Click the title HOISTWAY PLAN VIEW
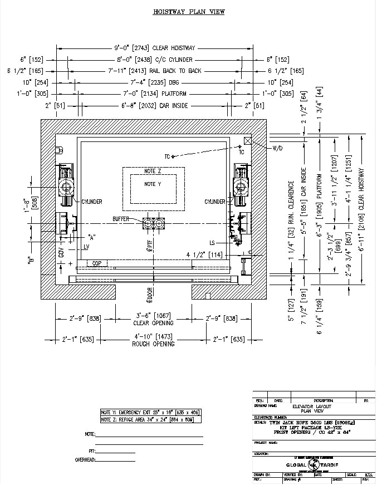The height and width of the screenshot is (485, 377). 189,11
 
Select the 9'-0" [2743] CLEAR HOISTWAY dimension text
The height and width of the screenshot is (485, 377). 155,48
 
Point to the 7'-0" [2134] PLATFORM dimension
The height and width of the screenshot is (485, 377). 155,94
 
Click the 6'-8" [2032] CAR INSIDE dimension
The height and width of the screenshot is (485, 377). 155,105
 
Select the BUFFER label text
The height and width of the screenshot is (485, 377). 120,219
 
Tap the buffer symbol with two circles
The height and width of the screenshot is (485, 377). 154,223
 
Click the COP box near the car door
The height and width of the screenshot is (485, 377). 96,263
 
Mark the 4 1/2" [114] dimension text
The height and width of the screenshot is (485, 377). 204,255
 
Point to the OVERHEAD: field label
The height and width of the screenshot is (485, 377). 86,460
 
